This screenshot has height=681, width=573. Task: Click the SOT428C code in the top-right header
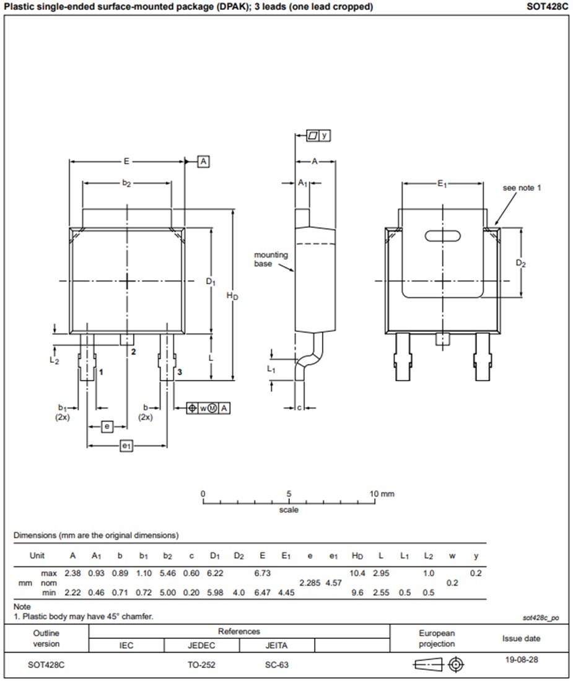(546, 7)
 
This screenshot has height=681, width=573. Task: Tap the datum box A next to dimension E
(204, 162)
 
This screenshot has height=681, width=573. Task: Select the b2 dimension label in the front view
(126, 183)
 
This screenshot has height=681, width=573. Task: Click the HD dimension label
(232, 297)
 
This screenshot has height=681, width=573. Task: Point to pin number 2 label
(133, 352)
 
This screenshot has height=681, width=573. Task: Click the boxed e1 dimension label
(126, 446)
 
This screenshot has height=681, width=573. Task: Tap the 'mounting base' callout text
(271, 259)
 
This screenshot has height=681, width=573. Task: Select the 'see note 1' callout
(521, 188)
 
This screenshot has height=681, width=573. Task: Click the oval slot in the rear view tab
(442, 235)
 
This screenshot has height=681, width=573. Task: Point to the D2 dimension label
(521, 263)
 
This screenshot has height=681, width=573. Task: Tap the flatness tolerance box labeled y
(318, 135)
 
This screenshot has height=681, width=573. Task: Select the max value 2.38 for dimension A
(73, 573)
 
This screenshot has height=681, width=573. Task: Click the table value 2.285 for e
(310, 583)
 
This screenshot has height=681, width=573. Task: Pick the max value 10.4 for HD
(357, 573)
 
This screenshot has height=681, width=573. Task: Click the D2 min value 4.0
(238, 593)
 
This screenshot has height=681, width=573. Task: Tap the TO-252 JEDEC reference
(201, 665)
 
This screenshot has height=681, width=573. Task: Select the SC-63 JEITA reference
(276, 665)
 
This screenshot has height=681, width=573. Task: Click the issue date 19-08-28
(521, 659)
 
